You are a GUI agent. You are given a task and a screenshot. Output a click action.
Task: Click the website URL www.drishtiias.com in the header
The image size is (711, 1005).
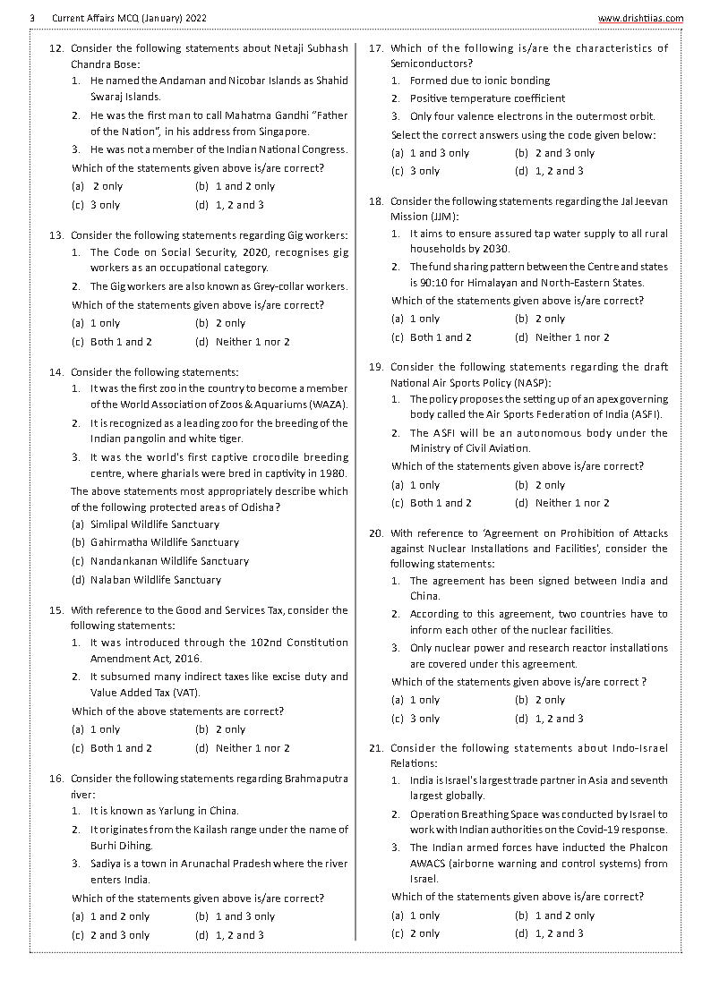(639, 18)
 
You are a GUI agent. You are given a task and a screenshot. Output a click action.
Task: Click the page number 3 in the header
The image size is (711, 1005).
(32, 18)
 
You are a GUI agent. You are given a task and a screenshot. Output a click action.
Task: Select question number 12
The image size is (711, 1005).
(56, 48)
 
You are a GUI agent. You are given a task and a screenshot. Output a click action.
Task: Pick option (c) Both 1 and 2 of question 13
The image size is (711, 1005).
(113, 342)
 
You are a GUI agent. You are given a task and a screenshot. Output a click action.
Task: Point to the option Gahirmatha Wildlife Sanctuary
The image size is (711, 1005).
(157, 542)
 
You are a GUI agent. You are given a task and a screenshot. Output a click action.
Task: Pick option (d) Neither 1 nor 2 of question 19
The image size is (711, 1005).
(562, 503)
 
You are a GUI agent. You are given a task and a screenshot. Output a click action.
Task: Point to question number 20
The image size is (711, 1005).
(376, 533)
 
